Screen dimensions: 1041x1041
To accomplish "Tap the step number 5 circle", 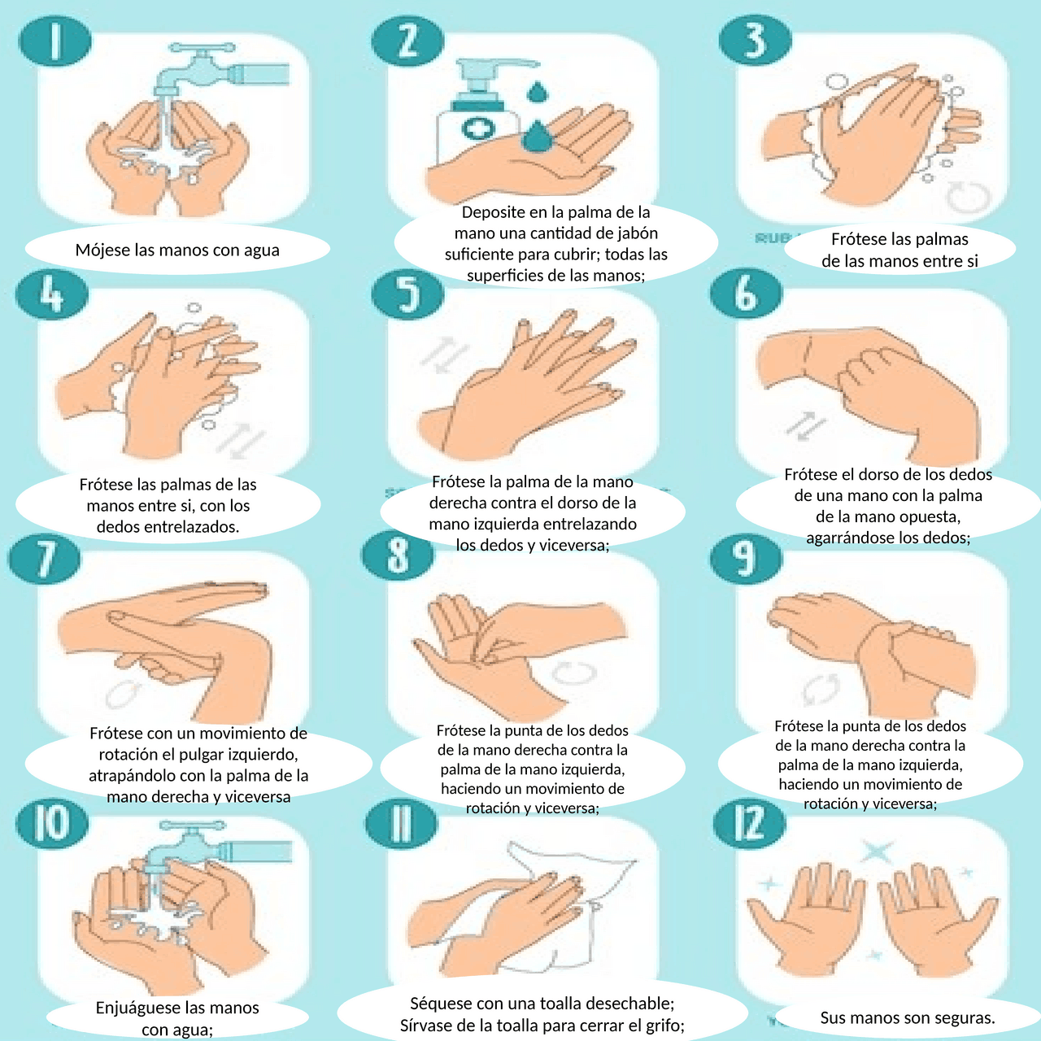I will point(407,294).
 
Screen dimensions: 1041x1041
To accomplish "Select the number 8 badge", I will point(398,555).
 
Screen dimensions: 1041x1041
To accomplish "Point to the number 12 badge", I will point(749,823).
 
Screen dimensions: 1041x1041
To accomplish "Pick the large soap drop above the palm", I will point(537,136).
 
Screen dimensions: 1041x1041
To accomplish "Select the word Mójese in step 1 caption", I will point(102,250).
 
